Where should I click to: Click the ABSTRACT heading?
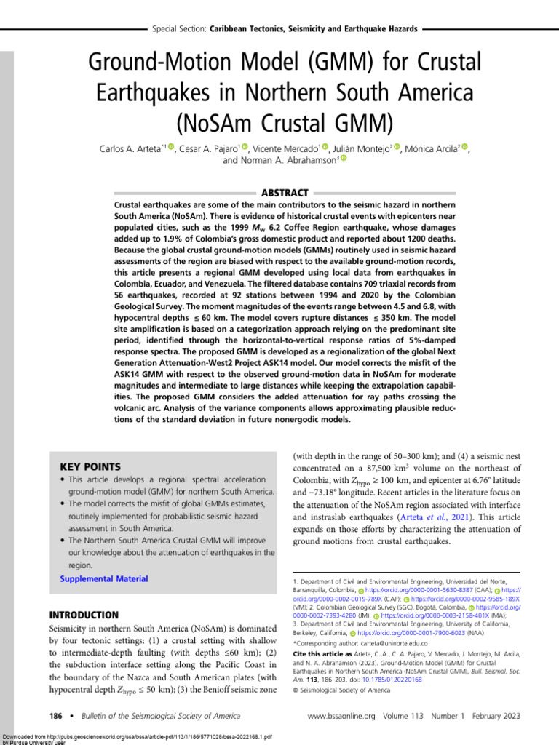coord(285,192)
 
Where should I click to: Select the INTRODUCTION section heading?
coord(83,615)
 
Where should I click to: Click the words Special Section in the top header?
coord(178,29)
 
